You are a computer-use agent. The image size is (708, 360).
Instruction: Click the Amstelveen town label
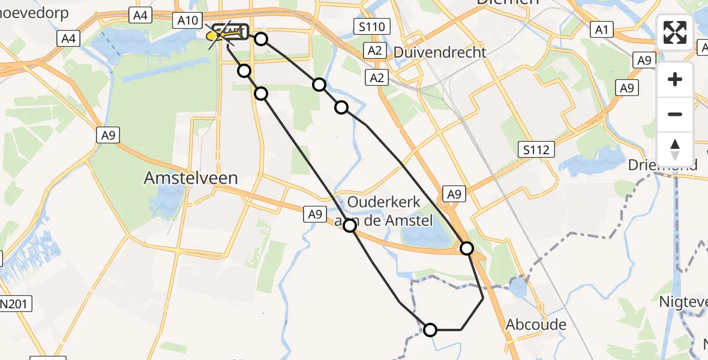191,178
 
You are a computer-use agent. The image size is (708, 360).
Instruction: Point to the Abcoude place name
536,325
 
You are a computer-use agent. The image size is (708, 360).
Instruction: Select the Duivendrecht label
440,52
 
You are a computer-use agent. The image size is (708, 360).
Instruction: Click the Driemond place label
663,165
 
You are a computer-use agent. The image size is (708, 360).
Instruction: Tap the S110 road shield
372,26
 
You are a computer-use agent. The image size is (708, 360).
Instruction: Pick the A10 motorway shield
188,21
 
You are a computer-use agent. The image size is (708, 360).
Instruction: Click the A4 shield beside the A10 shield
140,16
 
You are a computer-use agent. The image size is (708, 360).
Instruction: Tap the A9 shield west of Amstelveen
108,136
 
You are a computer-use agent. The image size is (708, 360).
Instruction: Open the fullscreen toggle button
675,32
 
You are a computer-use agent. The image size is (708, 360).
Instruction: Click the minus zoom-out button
675,114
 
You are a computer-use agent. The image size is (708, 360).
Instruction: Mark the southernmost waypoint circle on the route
430,329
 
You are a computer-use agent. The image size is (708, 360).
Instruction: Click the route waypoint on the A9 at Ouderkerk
350,225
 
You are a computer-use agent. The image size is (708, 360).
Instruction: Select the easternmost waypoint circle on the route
466,248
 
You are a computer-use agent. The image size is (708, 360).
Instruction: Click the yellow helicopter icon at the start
214,36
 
